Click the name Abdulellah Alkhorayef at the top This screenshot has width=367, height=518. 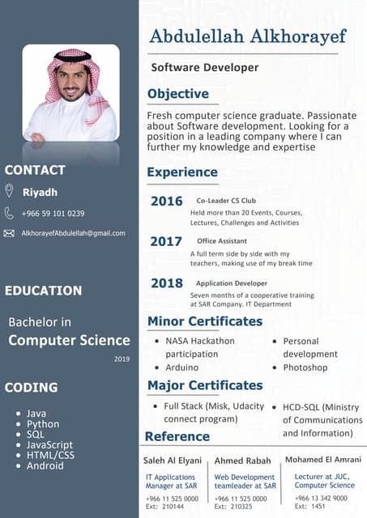[247, 36]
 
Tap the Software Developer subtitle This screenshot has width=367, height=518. [205, 67]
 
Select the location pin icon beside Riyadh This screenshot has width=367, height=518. [9, 191]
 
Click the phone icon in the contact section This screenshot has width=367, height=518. [9, 213]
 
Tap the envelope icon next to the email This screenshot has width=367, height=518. [9, 233]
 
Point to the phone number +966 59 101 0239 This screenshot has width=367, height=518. [53, 213]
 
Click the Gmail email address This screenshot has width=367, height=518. [73, 233]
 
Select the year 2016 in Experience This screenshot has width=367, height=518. [166, 201]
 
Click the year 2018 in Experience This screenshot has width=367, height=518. [166, 282]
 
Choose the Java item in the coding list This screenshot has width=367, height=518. [36, 413]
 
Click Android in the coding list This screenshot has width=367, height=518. [45, 465]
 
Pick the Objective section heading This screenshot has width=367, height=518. [177, 94]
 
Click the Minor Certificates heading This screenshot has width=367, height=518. [205, 321]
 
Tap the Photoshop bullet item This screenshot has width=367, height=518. [305, 367]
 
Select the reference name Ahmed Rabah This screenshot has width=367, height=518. [243, 461]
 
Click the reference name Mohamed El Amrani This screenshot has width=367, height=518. [322, 460]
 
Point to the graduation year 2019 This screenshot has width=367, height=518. [122, 359]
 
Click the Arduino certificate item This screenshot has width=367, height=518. [182, 367]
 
